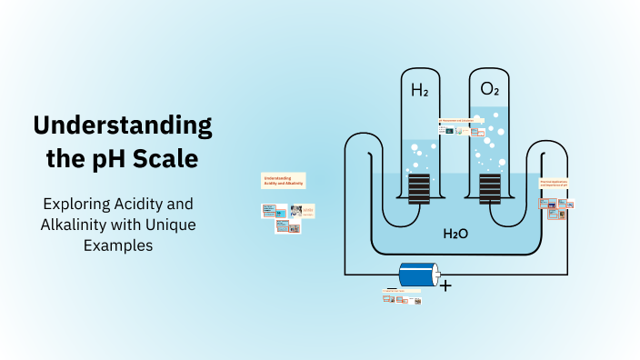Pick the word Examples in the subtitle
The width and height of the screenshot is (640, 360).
pyautogui.click(x=123, y=244)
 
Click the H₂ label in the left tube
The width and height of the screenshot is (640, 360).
pyautogui.click(x=419, y=90)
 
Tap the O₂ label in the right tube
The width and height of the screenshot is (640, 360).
pyautogui.click(x=489, y=89)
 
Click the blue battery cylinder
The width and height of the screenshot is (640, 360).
pyautogui.click(x=419, y=276)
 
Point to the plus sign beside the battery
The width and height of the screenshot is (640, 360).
pyautogui.click(x=445, y=285)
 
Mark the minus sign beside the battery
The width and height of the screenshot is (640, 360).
pyautogui.click(x=391, y=288)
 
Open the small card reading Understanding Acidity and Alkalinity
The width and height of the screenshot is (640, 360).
pyautogui.click(x=284, y=180)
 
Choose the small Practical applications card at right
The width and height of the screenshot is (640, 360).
pyautogui.click(x=554, y=185)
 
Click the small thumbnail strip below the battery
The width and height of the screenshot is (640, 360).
pyautogui.click(x=402, y=295)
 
